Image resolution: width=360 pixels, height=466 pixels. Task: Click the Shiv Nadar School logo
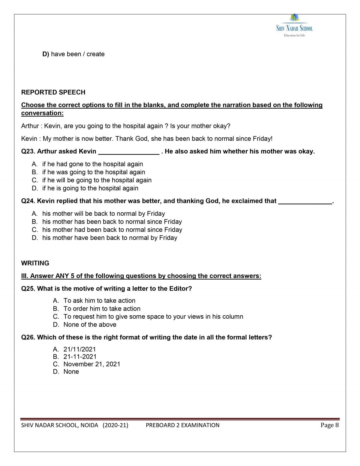[294, 26]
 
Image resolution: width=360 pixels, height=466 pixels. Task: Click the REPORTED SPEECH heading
[53, 92]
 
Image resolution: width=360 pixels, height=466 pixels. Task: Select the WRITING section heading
[35, 263]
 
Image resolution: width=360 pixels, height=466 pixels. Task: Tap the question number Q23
[28, 152]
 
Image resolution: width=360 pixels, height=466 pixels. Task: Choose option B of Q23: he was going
[93, 172]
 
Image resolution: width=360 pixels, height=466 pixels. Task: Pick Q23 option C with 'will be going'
[97, 180]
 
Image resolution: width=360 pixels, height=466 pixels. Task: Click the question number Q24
[28, 201]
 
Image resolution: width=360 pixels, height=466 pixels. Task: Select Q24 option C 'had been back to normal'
[112, 230]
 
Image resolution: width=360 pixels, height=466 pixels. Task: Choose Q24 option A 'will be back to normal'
[103, 214]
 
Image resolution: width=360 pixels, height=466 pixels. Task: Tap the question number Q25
[28, 289]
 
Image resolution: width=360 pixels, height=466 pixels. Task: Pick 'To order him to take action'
[102, 309]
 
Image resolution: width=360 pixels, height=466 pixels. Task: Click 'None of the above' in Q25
[90, 325]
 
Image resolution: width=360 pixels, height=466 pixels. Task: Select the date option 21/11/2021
[79, 349]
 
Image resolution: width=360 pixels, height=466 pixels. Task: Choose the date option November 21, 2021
[91, 364]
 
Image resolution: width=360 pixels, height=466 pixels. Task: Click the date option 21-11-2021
[80, 357]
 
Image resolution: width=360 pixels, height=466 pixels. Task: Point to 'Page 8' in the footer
[329, 425]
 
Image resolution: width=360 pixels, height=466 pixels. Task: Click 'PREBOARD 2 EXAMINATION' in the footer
[182, 425]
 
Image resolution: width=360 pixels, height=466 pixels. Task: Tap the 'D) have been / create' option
[73, 54]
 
